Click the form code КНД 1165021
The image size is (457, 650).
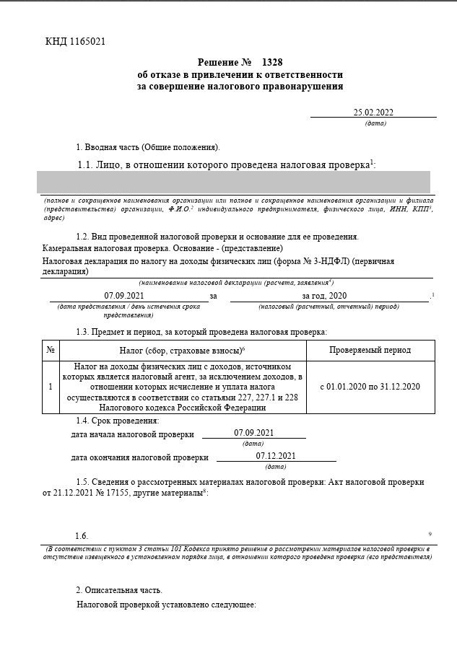click(x=75, y=41)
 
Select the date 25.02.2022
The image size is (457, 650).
click(x=373, y=112)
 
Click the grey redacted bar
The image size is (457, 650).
click(x=235, y=182)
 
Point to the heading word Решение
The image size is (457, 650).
click(x=217, y=63)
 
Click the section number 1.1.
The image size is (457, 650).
click(x=85, y=164)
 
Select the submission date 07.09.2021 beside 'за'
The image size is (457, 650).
click(x=124, y=296)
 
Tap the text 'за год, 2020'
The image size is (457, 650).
click(x=325, y=296)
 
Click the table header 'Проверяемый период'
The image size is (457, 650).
click(x=370, y=350)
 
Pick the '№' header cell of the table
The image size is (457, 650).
click(x=51, y=350)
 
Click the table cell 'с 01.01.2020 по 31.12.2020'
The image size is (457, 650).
click(x=370, y=387)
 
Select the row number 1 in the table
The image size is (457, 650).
click(x=51, y=387)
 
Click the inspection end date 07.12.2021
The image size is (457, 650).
click(x=276, y=456)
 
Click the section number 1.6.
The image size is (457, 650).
click(x=82, y=536)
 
